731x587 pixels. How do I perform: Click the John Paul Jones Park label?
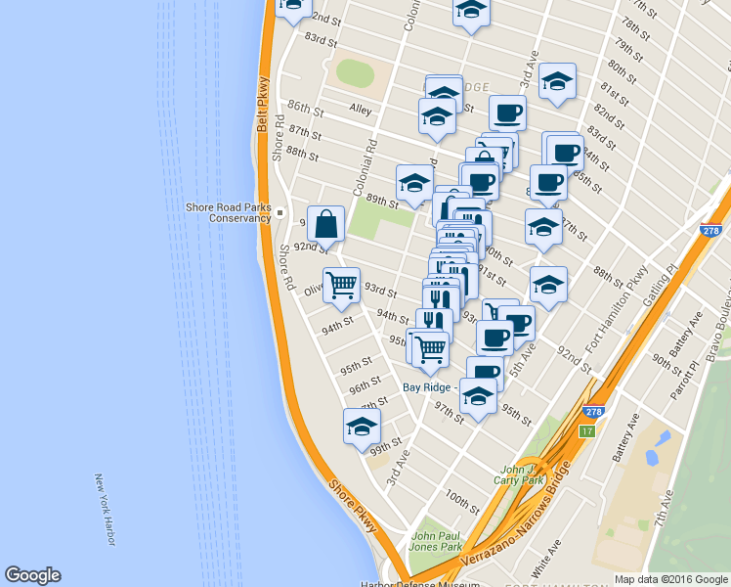(436, 541)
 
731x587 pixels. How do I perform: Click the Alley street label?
(359, 111)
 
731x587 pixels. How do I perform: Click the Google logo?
(32, 575)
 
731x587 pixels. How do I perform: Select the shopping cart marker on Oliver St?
(341, 285)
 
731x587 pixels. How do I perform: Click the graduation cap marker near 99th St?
(362, 426)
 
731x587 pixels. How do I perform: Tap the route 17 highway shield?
(586, 430)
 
